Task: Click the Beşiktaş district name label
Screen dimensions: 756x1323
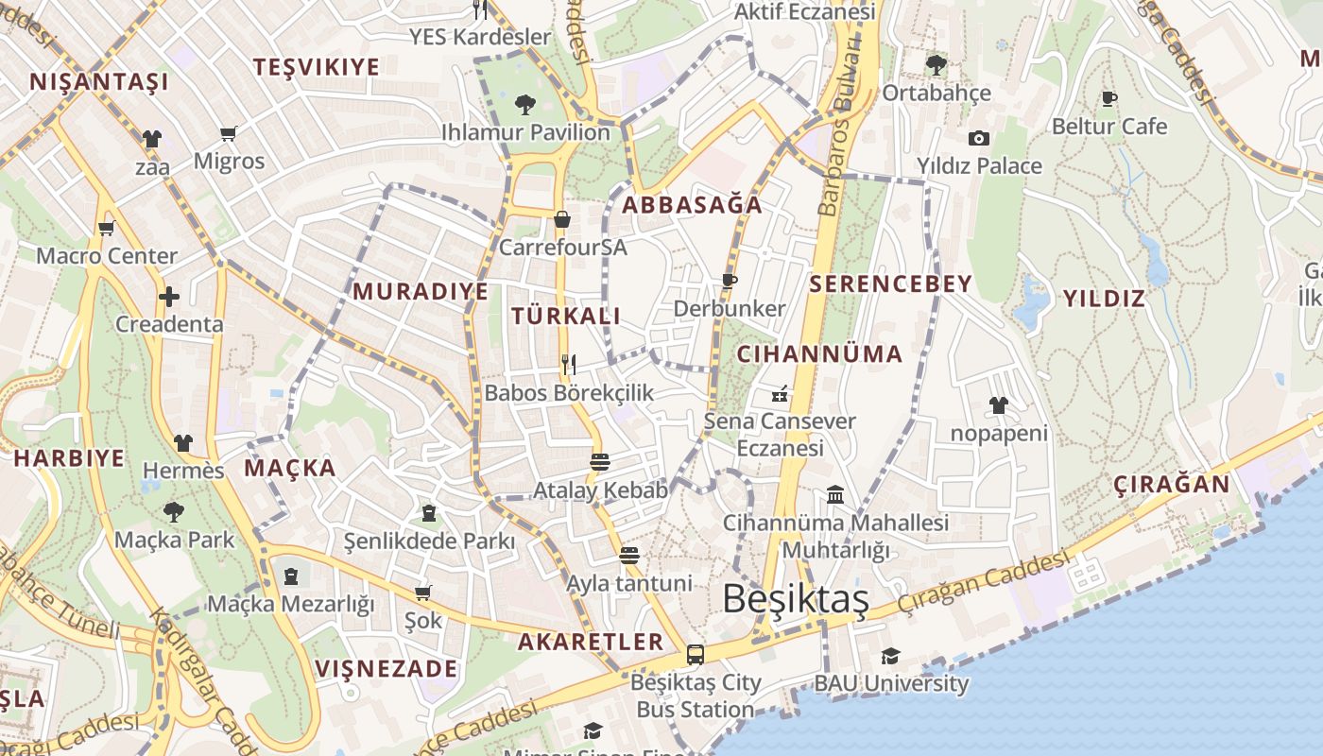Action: pos(782,599)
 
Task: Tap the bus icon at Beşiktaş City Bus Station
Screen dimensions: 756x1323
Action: pos(696,654)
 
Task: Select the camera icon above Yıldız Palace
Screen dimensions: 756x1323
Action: pos(979,138)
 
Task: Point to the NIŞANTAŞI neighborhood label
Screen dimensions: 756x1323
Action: pos(99,81)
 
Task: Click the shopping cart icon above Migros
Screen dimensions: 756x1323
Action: pos(228,133)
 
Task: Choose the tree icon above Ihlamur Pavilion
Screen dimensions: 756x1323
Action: pos(525,104)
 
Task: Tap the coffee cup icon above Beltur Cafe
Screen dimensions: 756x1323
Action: pos(1109,98)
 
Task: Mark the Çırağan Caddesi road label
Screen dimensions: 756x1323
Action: pos(983,583)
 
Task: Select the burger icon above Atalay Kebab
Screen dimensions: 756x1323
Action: pos(600,462)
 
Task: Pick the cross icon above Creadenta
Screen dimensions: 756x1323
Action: pos(169,297)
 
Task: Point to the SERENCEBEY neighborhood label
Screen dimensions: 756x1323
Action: pos(890,283)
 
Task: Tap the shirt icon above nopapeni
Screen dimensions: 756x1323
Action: pos(999,406)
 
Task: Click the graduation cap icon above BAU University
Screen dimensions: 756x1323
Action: pos(890,656)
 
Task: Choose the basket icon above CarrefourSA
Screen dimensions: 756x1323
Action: pos(562,220)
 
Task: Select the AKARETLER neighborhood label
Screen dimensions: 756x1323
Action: pos(591,642)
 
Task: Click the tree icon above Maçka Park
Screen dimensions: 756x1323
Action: pos(174,512)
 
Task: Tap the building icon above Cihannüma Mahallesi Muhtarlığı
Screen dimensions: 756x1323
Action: pos(835,494)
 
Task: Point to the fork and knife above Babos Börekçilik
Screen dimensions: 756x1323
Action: pos(569,364)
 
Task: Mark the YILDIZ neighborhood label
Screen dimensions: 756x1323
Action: pos(1104,299)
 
